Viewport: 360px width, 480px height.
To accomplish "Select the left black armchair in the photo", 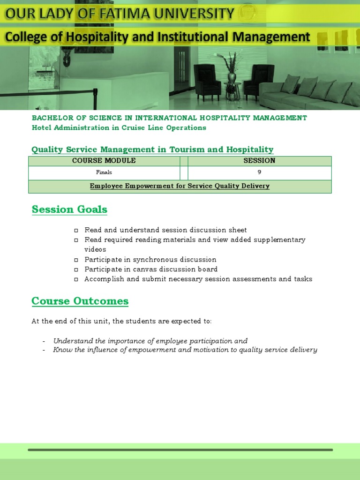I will (x=207, y=82).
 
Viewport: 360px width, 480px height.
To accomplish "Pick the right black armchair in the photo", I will (x=259, y=82).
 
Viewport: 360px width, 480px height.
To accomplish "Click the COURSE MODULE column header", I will (x=104, y=161).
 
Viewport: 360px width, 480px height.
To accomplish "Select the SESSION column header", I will (x=259, y=161).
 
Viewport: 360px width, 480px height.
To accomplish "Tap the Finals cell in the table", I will (x=104, y=172).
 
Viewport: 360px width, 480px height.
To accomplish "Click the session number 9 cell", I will (x=259, y=172).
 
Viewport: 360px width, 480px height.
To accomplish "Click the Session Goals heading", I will (x=69, y=210).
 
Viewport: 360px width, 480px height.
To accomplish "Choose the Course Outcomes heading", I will (x=80, y=301).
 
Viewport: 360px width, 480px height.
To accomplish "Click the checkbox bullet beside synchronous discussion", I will (x=75, y=260).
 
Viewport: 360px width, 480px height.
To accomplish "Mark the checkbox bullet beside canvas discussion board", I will (x=75, y=270).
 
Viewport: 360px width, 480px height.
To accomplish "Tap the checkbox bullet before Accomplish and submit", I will (x=75, y=279).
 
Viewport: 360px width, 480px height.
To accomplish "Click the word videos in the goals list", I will (x=95, y=249).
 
